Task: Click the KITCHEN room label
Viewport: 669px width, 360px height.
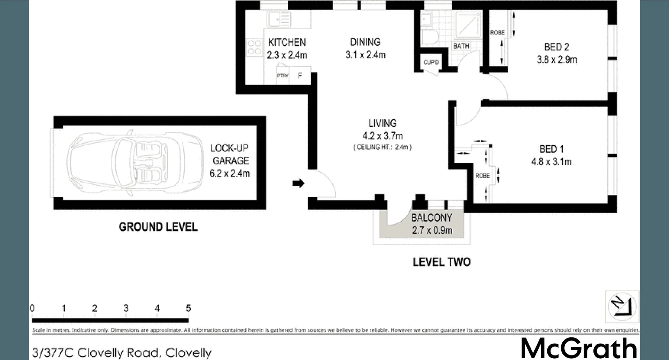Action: (x=287, y=42)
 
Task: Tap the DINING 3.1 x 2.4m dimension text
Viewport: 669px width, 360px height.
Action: (x=366, y=55)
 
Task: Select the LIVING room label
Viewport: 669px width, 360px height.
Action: (x=382, y=123)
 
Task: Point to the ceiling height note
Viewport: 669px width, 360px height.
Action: (x=383, y=147)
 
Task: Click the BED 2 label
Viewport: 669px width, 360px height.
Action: (x=556, y=47)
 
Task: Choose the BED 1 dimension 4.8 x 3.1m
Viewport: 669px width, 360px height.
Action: (x=551, y=162)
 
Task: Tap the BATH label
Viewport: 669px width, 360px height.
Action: (x=461, y=46)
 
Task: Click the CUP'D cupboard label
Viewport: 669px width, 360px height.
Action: (x=431, y=62)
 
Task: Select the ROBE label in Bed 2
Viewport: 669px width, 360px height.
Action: (x=497, y=32)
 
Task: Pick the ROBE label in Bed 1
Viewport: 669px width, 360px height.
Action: (x=483, y=176)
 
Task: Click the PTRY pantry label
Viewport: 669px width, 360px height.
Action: (x=283, y=76)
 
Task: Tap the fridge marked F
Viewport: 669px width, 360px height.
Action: (x=300, y=76)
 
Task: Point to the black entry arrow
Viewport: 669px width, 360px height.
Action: (x=298, y=183)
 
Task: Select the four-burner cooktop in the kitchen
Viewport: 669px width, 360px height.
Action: (x=254, y=47)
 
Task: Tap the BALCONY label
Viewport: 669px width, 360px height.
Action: (x=432, y=218)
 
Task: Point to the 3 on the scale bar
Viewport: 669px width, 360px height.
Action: (x=126, y=308)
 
